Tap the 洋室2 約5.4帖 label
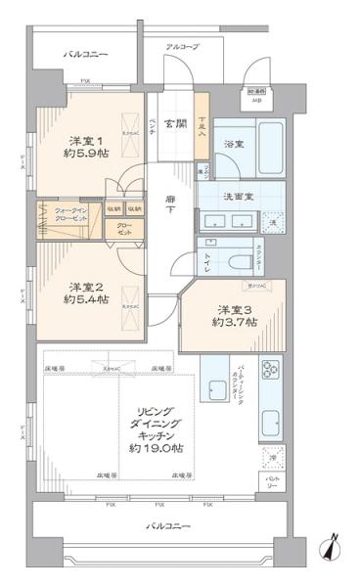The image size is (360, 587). click(81, 293)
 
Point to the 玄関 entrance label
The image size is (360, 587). click(176, 122)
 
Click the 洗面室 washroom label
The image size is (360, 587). click(239, 196)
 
